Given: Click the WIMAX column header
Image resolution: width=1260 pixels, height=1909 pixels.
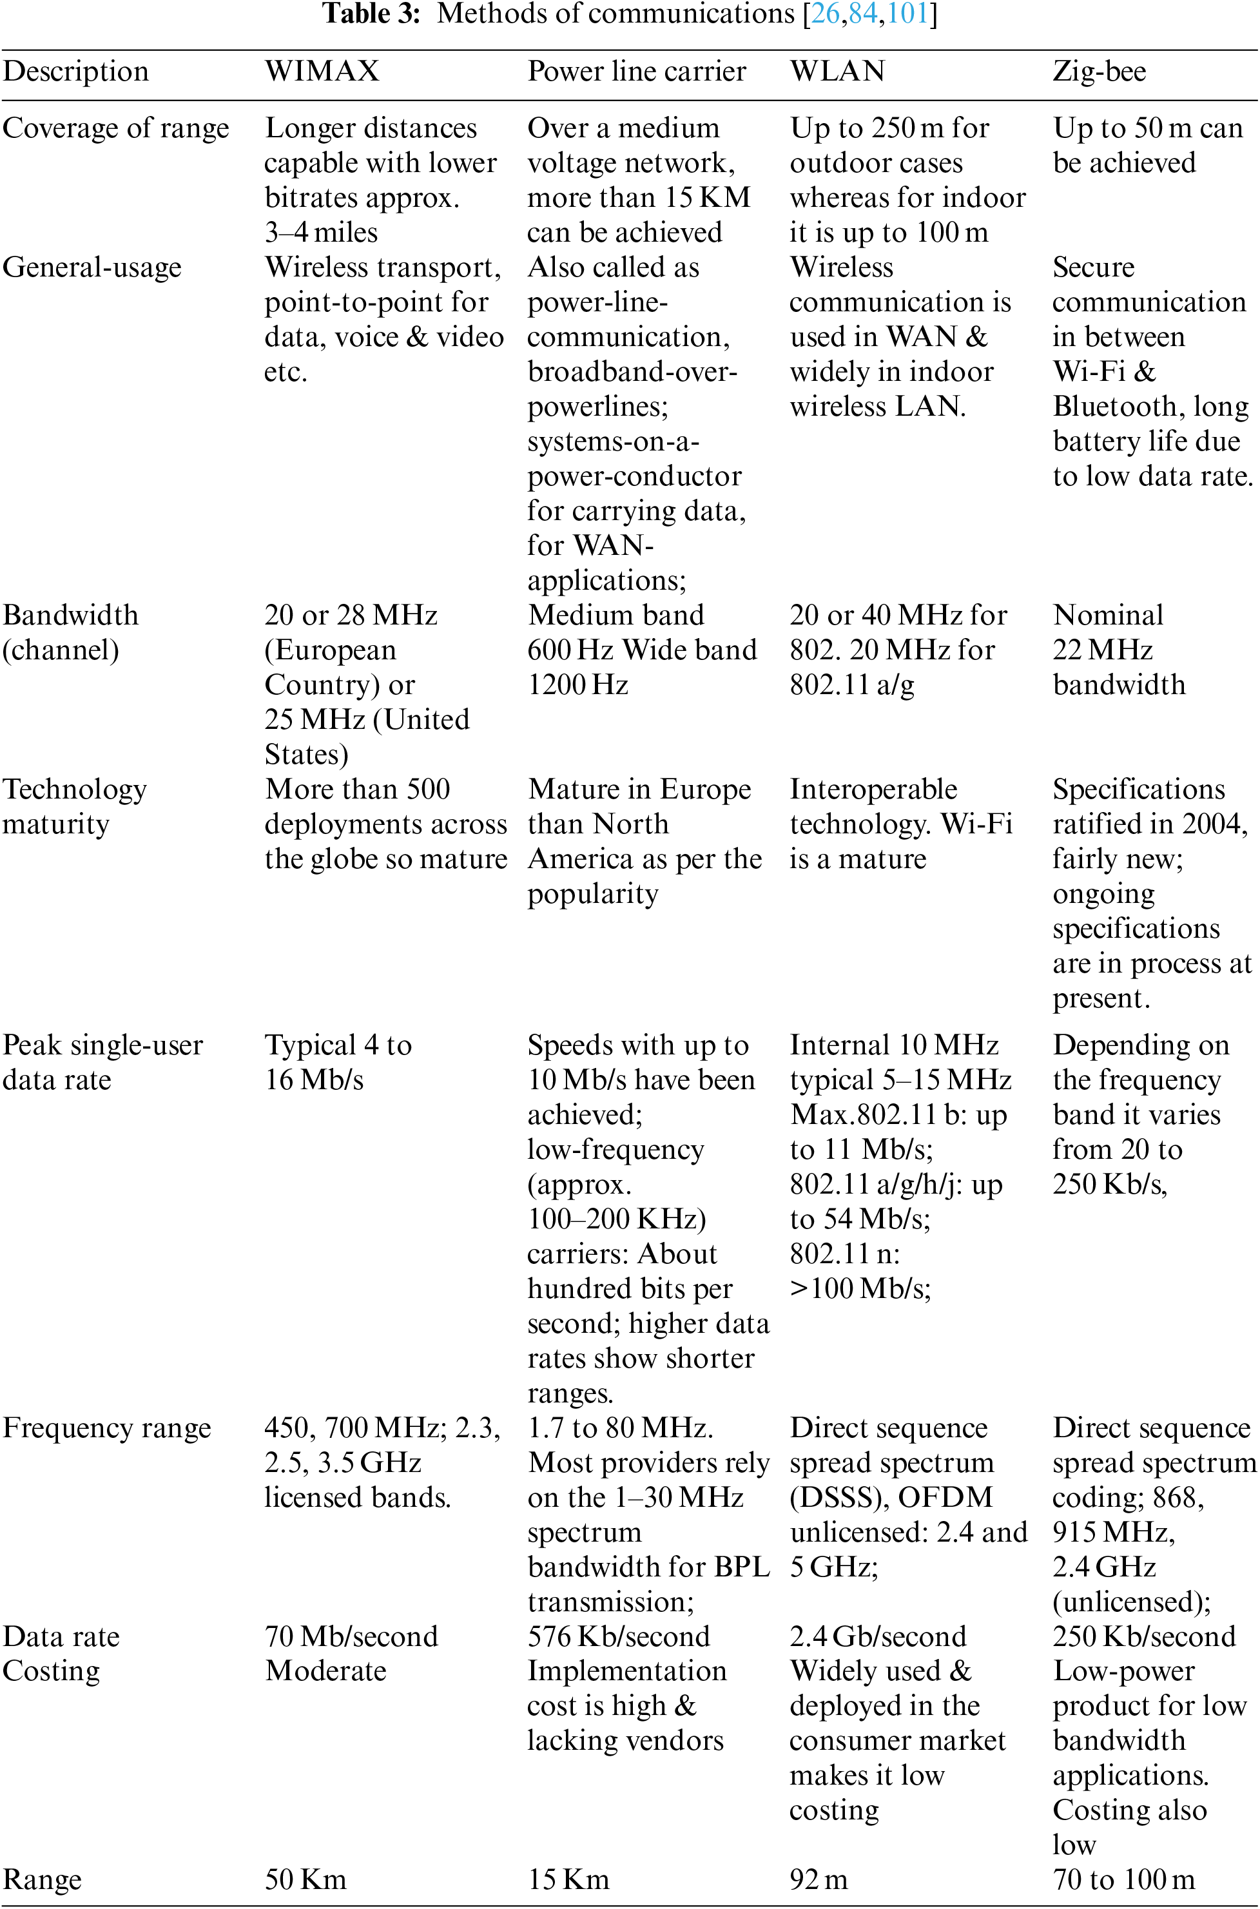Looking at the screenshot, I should pos(322,72).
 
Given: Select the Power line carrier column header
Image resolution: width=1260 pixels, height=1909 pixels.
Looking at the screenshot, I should pos(636,72).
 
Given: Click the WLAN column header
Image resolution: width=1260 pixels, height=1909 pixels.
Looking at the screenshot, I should pos(837,72).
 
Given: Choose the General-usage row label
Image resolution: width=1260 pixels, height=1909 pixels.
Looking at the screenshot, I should pos(92,267).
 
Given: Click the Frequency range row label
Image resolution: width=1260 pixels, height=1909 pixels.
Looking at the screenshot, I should pos(107,1428).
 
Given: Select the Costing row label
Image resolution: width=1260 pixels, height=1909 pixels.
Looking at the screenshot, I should pos(52,1671).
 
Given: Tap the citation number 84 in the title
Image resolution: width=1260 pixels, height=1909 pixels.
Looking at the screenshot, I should pos(863,14).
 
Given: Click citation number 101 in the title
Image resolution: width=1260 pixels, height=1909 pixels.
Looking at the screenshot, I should pos(907,14).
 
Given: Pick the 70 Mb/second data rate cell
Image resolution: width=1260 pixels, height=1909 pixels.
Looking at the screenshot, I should pos(351,1636).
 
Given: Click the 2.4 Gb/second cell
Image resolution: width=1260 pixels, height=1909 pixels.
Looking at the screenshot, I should pos(878,1636).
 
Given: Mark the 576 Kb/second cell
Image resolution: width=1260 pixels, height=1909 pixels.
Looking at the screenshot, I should pos(619,1636).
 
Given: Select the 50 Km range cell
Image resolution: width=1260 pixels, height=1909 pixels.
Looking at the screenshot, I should pos(305,1880).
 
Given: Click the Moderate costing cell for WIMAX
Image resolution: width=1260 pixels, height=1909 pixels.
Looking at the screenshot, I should pos(325,1671).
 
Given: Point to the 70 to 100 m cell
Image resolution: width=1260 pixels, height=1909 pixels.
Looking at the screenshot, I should pos(1123,1880).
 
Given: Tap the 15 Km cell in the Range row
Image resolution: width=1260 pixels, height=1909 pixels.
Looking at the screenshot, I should pos(568,1880).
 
